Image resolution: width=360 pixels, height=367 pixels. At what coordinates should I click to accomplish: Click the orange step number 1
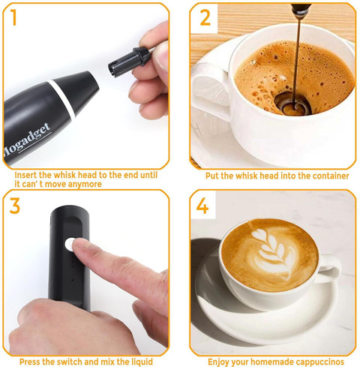click(x=13, y=17)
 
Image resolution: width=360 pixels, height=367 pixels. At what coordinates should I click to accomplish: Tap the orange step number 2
click(x=205, y=18)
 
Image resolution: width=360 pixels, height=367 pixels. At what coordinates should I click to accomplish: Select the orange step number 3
click(x=15, y=206)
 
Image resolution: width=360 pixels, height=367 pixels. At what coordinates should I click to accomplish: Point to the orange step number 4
click(x=202, y=206)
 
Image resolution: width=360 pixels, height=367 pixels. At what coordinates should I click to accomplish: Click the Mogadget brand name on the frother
click(x=27, y=140)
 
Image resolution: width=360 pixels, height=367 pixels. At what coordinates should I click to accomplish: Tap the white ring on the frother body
click(x=62, y=99)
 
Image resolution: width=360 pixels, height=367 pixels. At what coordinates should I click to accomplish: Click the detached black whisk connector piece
click(x=129, y=62)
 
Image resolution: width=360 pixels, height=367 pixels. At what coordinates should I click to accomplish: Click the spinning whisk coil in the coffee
click(x=292, y=104)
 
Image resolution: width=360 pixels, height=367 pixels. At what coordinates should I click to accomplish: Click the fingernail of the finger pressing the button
click(x=80, y=242)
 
